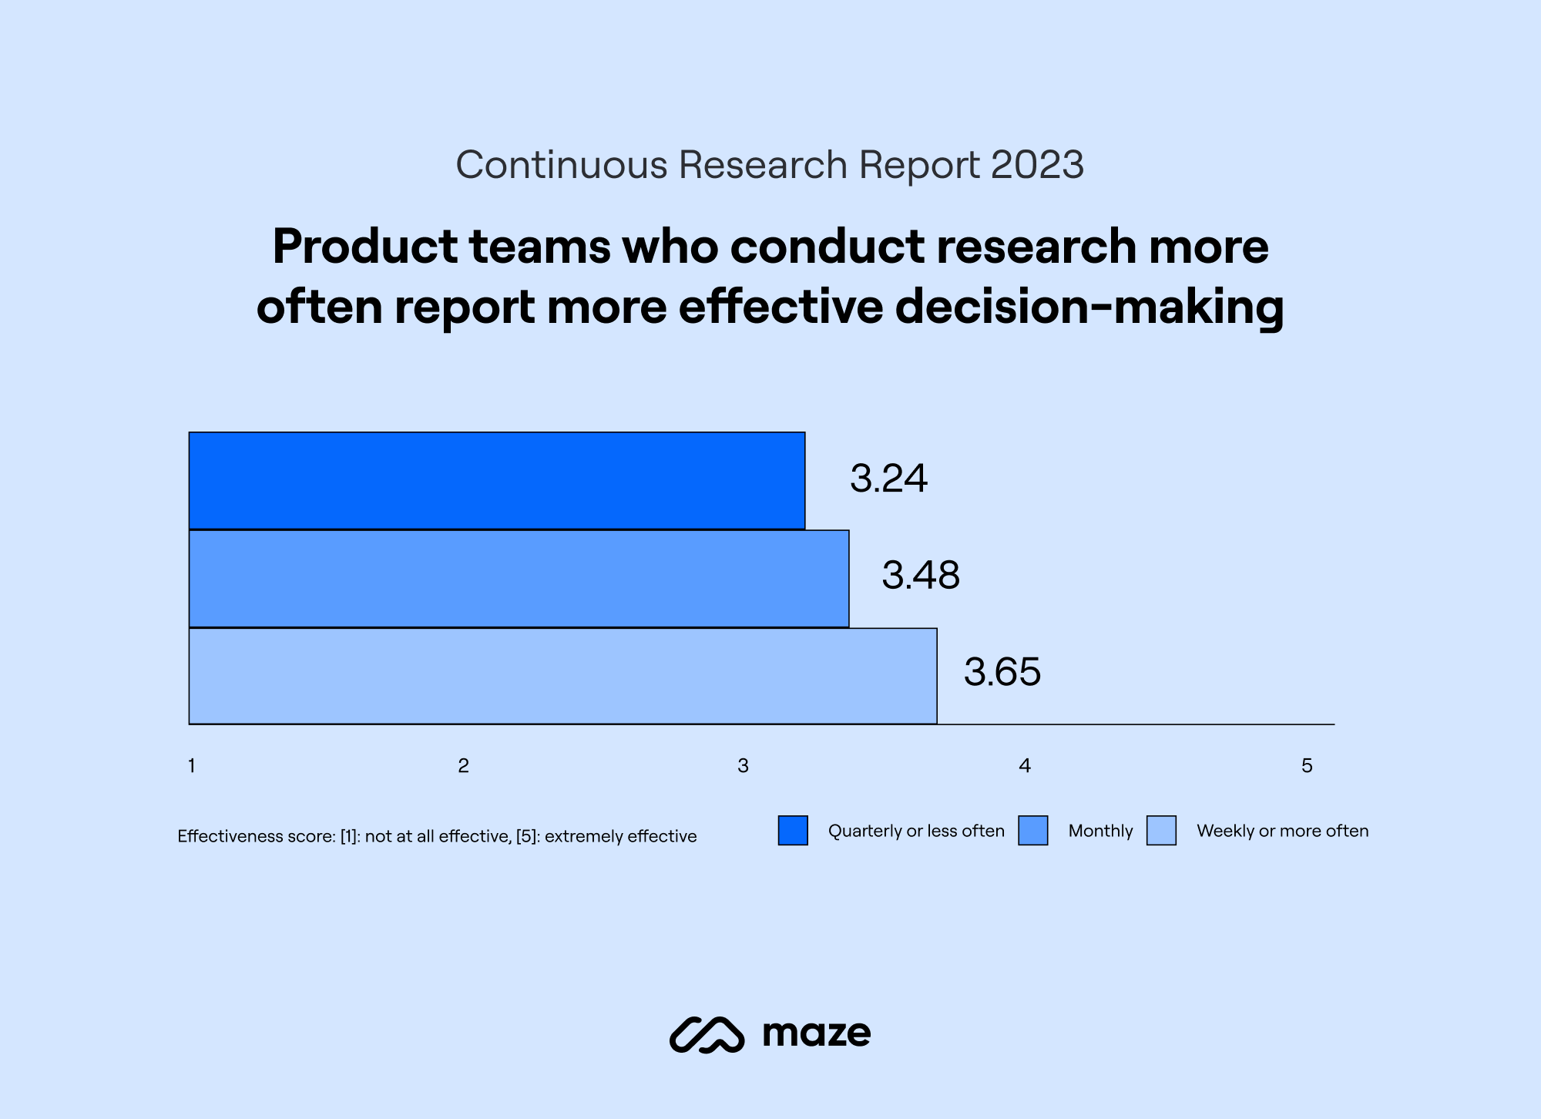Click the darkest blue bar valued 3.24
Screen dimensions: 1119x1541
point(497,481)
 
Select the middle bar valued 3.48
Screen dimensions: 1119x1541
point(519,579)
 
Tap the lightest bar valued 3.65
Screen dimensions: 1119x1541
point(562,676)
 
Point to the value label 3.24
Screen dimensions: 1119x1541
point(888,479)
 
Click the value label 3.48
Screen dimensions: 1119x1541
point(921,576)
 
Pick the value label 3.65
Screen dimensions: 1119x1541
point(1002,672)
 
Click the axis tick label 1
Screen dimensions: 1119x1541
point(192,766)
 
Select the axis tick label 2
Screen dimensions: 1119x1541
point(463,766)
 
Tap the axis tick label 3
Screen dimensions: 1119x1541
point(743,766)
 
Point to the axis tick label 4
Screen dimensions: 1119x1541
point(1025,766)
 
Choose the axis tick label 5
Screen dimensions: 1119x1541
point(1307,766)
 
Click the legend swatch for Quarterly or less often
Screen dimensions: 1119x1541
point(793,831)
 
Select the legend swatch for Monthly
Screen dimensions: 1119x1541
point(1032,831)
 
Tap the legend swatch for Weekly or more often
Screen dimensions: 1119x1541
point(1161,831)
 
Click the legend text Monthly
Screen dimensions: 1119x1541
point(1100,831)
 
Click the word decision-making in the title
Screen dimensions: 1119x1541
point(1089,307)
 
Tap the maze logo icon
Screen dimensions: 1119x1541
point(707,1034)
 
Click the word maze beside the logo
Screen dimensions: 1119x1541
point(816,1033)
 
